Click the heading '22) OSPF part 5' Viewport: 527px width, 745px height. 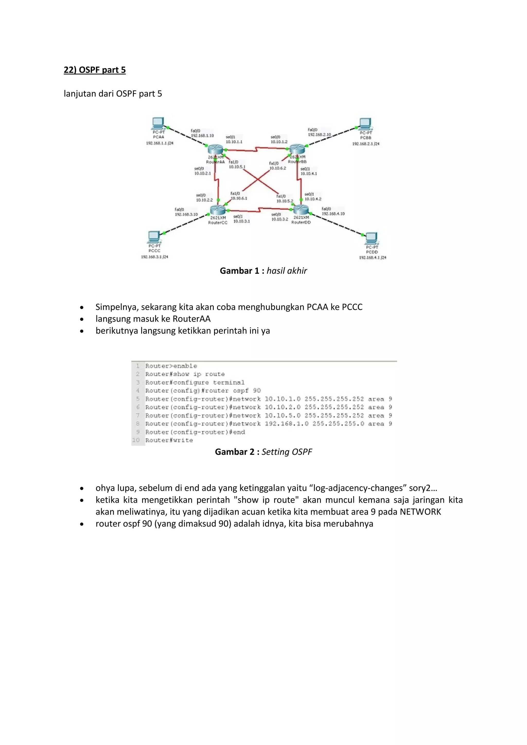(94, 70)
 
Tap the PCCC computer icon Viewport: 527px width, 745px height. (153, 237)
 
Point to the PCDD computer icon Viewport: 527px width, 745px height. (371, 238)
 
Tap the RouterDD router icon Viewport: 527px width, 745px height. (301, 210)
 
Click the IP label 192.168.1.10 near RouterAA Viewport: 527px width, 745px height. (202, 136)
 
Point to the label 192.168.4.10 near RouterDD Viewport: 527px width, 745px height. (333, 214)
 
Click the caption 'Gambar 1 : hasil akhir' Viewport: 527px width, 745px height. (263, 271)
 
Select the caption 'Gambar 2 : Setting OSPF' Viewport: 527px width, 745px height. (263, 452)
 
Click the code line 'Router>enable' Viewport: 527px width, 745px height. (171, 366)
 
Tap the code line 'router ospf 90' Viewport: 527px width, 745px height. (203, 391)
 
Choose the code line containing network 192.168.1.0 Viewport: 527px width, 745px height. (268, 424)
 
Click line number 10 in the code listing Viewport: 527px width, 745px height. (136, 440)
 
